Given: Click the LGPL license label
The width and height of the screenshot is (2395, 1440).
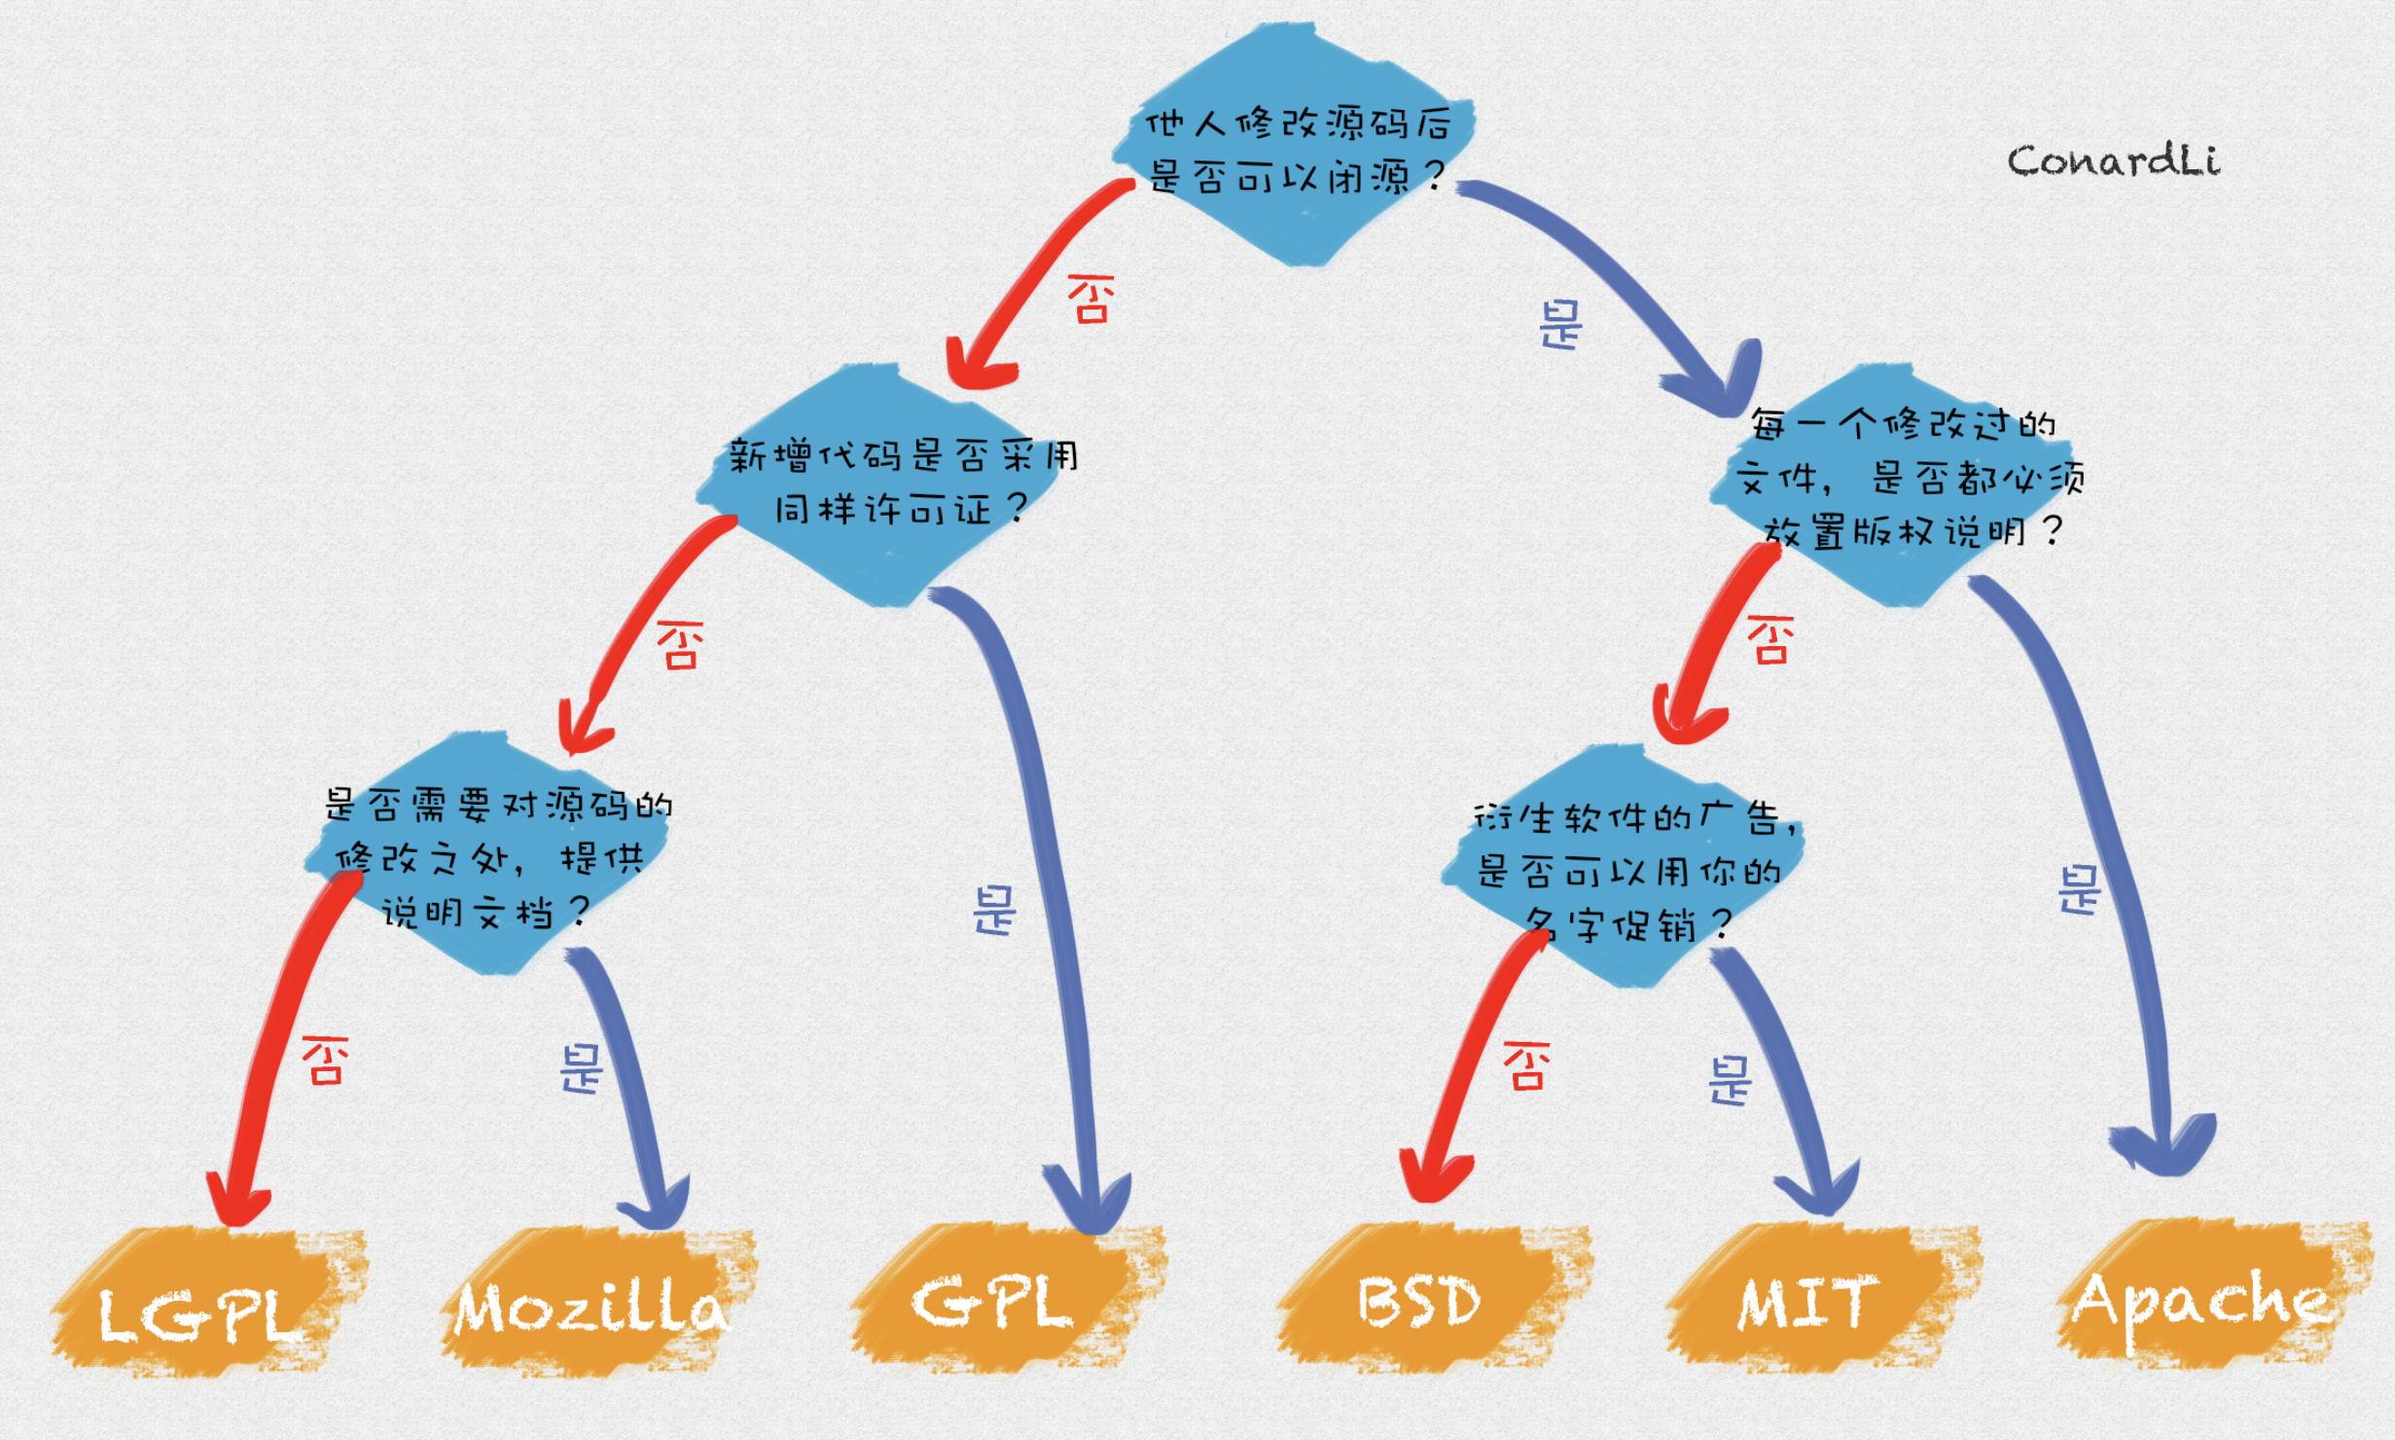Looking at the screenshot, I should pyautogui.click(x=199, y=1315).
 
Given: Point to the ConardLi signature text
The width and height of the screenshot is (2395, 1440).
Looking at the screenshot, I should pyautogui.click(x=2113, y=162).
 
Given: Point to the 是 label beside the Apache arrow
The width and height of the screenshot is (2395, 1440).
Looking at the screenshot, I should pyautogui.click(x=2080, y=888).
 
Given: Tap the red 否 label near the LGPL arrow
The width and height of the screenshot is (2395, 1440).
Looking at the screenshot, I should pyautogui.click(x=324, y=1060).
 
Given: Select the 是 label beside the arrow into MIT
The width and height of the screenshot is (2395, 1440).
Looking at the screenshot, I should pyautogui.click(x=1729, y=1081).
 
